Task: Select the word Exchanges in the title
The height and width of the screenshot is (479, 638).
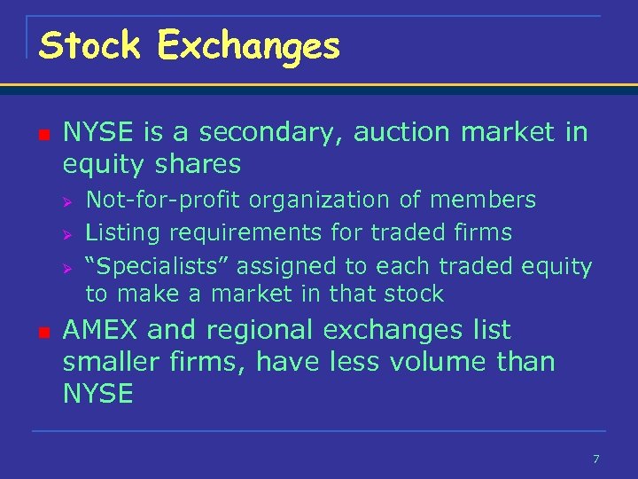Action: [249, 46]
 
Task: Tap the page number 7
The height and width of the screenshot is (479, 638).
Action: [595, 459]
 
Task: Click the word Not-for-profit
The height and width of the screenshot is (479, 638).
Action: [163, 200]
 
